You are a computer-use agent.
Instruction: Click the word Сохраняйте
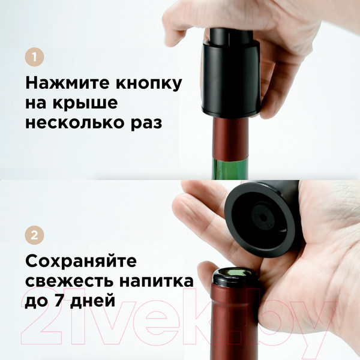pos(81,261)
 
